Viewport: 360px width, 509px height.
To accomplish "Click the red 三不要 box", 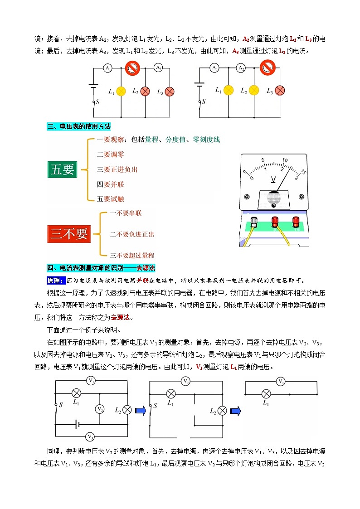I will [x=69, y=234].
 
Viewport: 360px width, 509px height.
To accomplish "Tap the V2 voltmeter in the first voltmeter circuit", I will [x=100, y=409].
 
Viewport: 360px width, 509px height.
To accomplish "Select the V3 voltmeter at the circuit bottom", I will [x=90, y=437].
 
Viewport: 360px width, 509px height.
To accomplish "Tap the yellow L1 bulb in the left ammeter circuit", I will [x=121, y=91].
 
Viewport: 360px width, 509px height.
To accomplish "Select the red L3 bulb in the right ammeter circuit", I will [x=280, y=91].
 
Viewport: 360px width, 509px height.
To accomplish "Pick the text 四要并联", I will [x=110, y=184].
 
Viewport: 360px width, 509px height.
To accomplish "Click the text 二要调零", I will [x=110, y=155].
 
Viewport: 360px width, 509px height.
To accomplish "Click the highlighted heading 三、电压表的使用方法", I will [x=79, y=126].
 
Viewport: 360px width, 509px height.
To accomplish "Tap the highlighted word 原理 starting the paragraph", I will [x=56, y=280].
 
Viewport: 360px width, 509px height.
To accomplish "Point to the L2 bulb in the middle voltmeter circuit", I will [x=222, y=411].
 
